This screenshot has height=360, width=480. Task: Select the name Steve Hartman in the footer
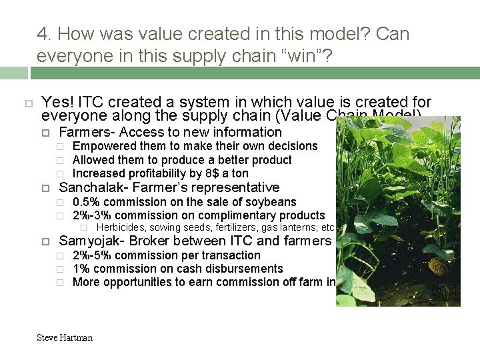[65, 337]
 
